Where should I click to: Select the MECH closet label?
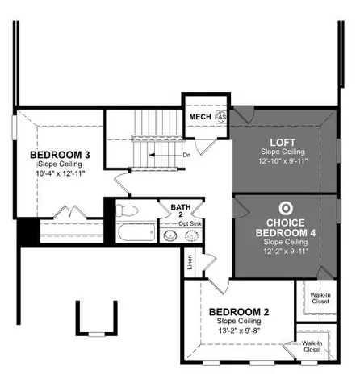(199, 117)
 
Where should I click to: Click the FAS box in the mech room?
(220, 118)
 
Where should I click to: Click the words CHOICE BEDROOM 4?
(283, 227)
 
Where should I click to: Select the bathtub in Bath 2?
(138, 235)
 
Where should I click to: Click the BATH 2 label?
(181, 210)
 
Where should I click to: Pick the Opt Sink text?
(190, 223)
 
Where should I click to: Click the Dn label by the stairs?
(186, 155)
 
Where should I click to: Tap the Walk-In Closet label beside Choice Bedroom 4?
(312, 299)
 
